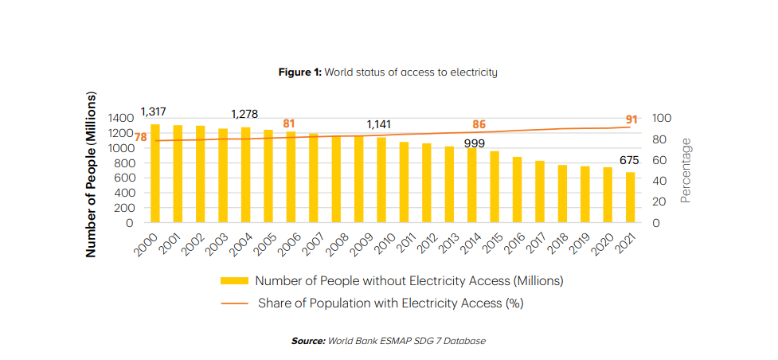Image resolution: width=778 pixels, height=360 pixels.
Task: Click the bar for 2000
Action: pyautogui.click(x=155, y=174)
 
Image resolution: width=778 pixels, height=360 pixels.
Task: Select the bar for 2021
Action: pyautogui.click(x=630, y=198)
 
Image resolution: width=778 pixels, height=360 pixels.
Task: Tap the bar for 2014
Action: pyautogui.click(x=472, y=186)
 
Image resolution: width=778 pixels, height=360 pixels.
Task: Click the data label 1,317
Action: pyautogui.click(x=153, y=112)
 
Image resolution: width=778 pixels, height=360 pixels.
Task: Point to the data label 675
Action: pyautogui.click(x=630, y=160)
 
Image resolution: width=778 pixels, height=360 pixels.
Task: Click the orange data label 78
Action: pyautogui.click(x=140, y=138)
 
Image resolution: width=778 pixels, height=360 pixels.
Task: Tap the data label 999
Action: pyautogui.click(x=474, y=143)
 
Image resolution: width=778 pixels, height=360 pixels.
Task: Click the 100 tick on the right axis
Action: pyautogui.click(x=662, y=118)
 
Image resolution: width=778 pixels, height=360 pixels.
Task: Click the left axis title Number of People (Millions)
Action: pyautogui.click(x=92, y=174)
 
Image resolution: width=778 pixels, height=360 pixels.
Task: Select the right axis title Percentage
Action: pyautogui.click(x=686, y=170)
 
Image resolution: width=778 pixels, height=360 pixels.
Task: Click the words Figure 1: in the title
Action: pyautogui.click(x=299, y=72)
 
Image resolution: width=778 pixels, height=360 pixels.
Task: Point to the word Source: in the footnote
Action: pyautogui.click(x=308, y=341)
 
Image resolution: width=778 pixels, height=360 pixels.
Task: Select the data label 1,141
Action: pyautogui.click(x=383, y=125)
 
